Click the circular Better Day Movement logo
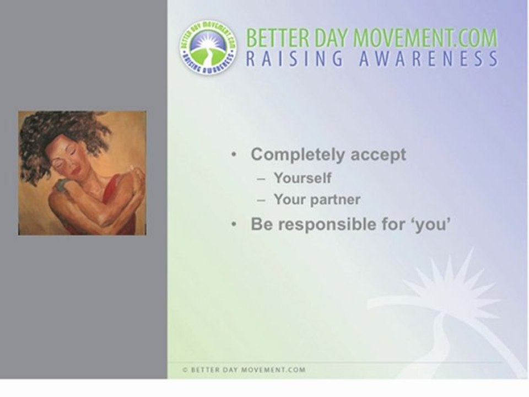[208, 47]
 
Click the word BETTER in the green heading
[277, 37]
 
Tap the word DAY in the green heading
[331, 37]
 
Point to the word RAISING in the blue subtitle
[294, 59]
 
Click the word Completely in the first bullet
[298, 155]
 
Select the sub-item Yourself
[303, 178]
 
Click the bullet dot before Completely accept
[234, 154]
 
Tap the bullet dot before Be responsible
[234, 224]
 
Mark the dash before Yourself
[261, 179]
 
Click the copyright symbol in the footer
[185, 369]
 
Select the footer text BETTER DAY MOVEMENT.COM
[249, 369]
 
